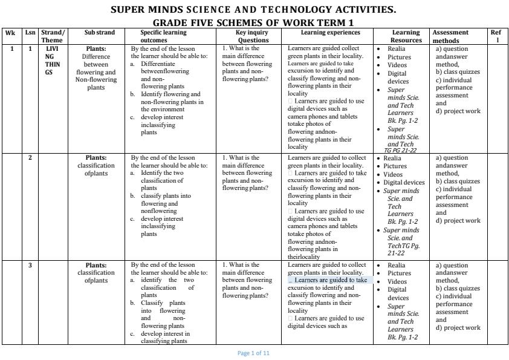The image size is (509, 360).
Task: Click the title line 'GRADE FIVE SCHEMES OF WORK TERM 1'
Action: (x=254, y=22)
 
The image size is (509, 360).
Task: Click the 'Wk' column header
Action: (x=10, y=33)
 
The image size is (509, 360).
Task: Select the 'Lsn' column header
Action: (x=30, y=33)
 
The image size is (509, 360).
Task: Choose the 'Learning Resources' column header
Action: (x=406, y=36)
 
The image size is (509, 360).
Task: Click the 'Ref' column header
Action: (x=496, y=36)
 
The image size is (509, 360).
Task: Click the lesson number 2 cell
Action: (x=30, y=158)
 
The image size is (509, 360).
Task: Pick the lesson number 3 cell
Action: (x=30, y=265)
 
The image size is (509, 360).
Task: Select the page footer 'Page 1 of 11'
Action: (x=254, y=353)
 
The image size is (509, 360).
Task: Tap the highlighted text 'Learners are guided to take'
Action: (x=330, y=280)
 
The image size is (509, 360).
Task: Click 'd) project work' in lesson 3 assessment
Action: (x=458, y=328)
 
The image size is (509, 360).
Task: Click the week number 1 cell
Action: (x=10, y=49)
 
